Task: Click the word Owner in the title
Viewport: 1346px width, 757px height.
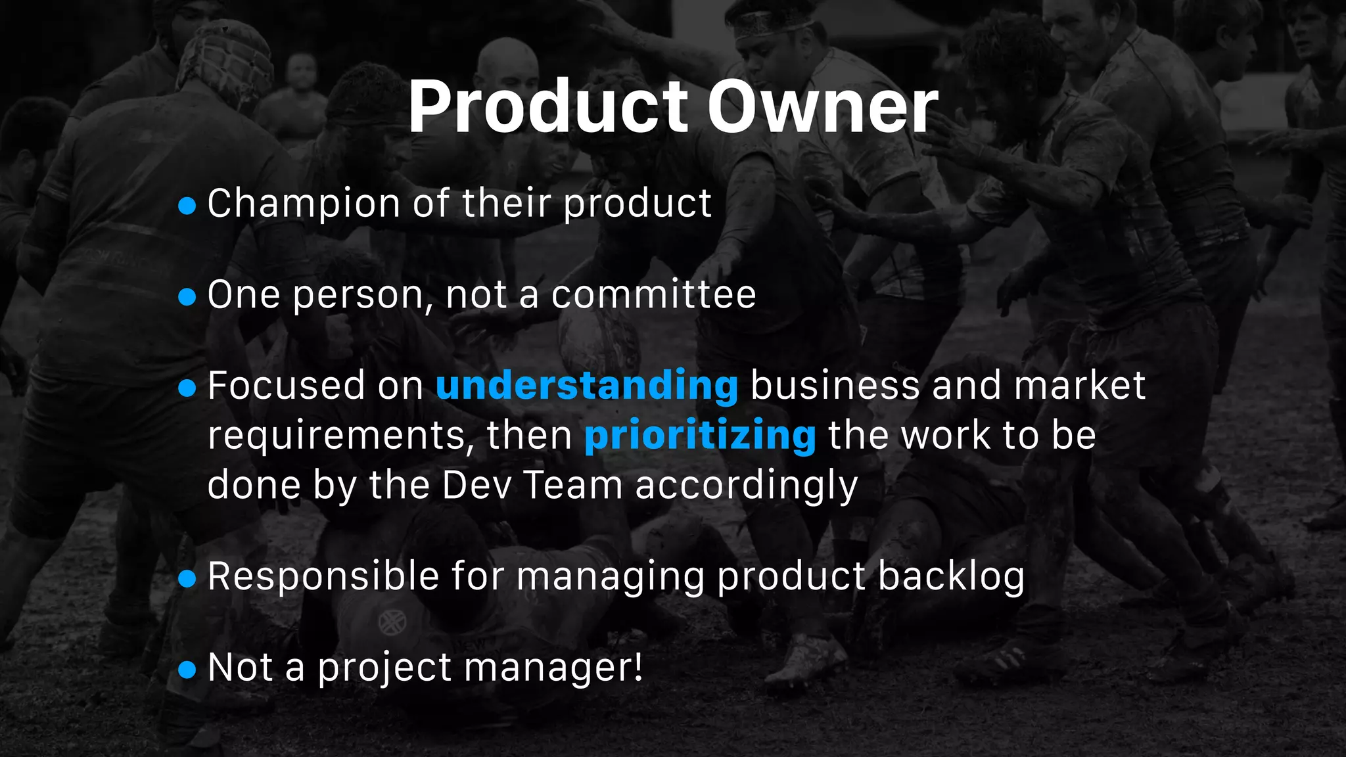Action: point(823,107)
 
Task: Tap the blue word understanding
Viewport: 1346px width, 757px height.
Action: point(587,386)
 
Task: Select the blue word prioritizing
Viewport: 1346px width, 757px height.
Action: point(700,436)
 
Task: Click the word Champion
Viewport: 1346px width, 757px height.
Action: point(304,204)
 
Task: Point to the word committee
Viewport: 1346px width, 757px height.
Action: point(653,294)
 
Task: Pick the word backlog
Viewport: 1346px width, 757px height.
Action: point(951,577)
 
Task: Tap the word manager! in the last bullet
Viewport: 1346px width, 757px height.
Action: point(553,668)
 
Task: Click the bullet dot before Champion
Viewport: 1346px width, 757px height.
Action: point(187,206)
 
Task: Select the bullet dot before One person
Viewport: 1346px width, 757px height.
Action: point(187,297)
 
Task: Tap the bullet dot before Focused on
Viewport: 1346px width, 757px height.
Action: point(187,388)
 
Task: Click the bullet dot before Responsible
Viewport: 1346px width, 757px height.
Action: point(187,578)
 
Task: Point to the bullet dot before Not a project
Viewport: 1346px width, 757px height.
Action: point(187,670)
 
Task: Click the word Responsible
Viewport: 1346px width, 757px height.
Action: point(323,577)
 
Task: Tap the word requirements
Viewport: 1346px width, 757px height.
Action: point(340,436)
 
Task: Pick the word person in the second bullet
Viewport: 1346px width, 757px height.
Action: point(359,296)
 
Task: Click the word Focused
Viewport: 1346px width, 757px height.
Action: point(286,386)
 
